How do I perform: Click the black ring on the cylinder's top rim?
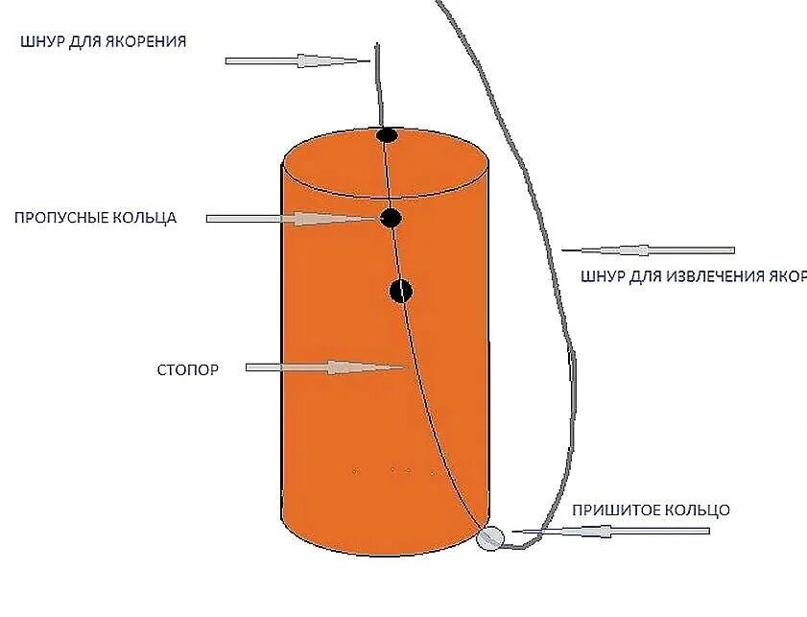(x=386, y=135)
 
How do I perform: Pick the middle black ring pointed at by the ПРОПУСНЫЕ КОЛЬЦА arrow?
(x=390, y=219)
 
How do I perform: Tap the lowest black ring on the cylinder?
(x=401, y=290)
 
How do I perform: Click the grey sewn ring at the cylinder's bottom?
(x=489, y=538)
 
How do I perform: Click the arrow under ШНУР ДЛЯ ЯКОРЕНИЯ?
(x=297, y=60)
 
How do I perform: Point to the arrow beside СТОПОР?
(x=326, y=368)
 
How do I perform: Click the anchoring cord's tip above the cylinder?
(x=376, y=45)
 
